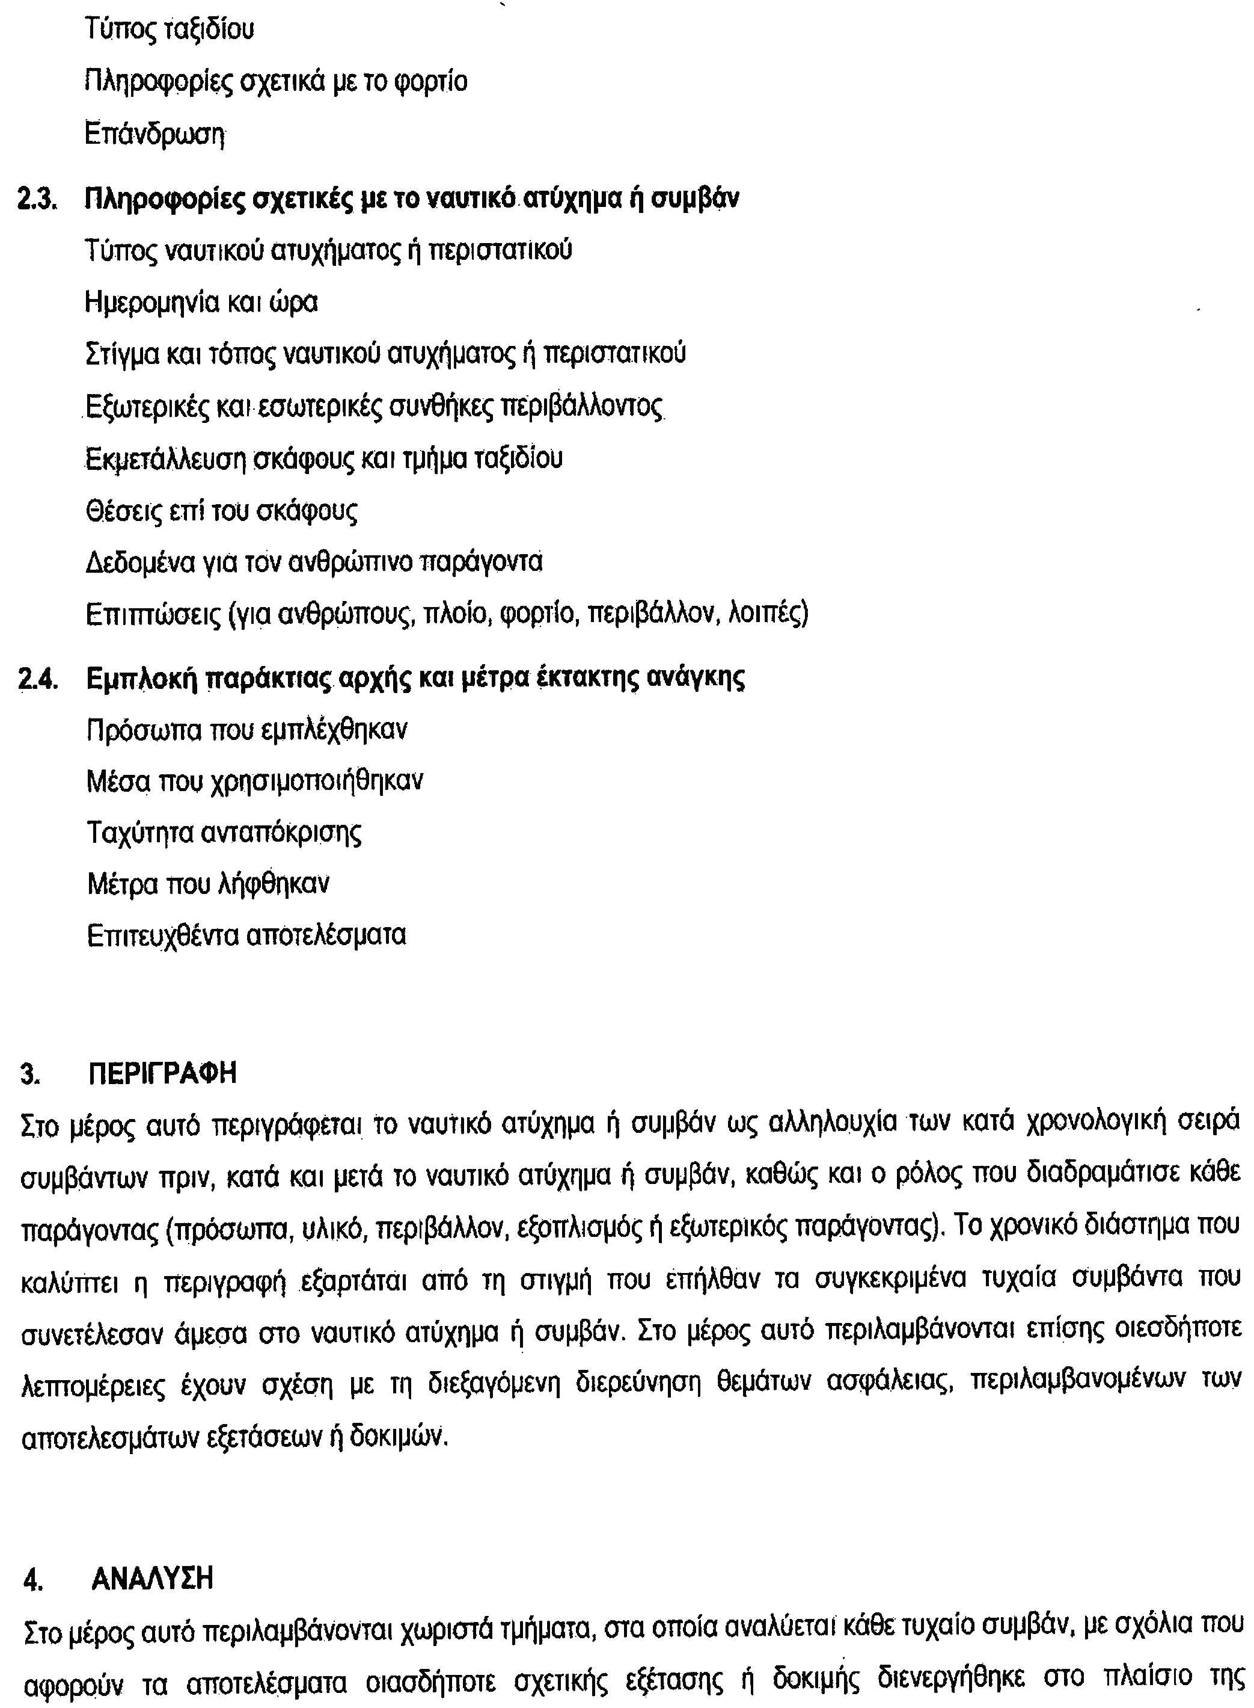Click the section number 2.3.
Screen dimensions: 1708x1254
coord(38,200)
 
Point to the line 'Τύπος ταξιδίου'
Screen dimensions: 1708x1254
coord(170,30)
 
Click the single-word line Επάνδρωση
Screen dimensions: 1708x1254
coord(156,135)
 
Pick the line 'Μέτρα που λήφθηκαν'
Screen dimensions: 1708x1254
coord(208,884)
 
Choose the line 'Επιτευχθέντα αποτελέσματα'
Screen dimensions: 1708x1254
coord(246,935)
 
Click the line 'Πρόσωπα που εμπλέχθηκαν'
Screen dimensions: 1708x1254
coord(246,730)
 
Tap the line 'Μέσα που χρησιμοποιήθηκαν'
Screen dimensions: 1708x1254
coord(255,781)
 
